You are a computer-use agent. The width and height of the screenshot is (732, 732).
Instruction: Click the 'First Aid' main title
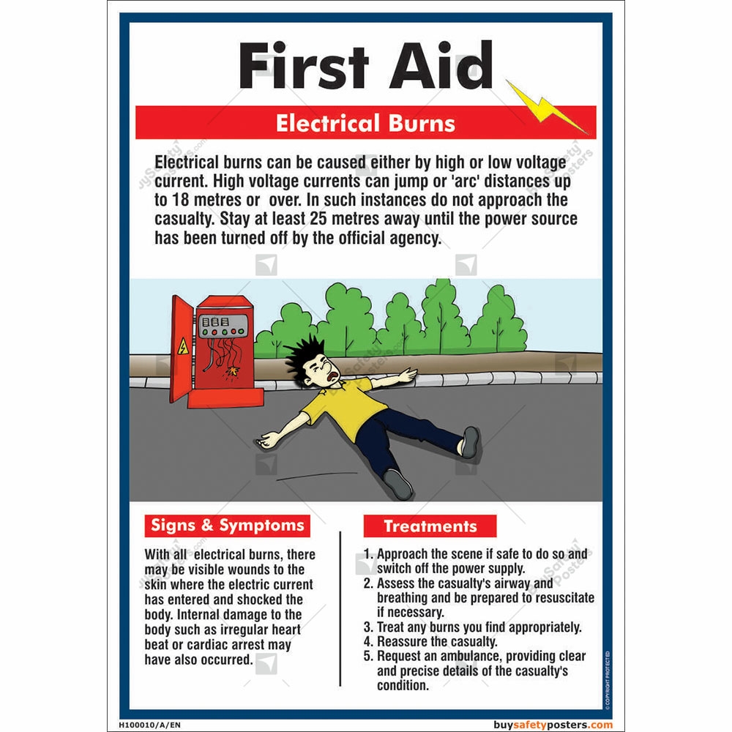point(365,66)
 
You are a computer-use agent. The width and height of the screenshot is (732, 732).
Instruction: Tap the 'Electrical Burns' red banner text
point(365,123)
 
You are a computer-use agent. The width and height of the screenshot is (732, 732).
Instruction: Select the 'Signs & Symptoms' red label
point(227,526)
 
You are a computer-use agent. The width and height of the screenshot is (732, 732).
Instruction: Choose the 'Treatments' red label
point(430,526)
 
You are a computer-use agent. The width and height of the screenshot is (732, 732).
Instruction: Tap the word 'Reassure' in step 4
point(403,642)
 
